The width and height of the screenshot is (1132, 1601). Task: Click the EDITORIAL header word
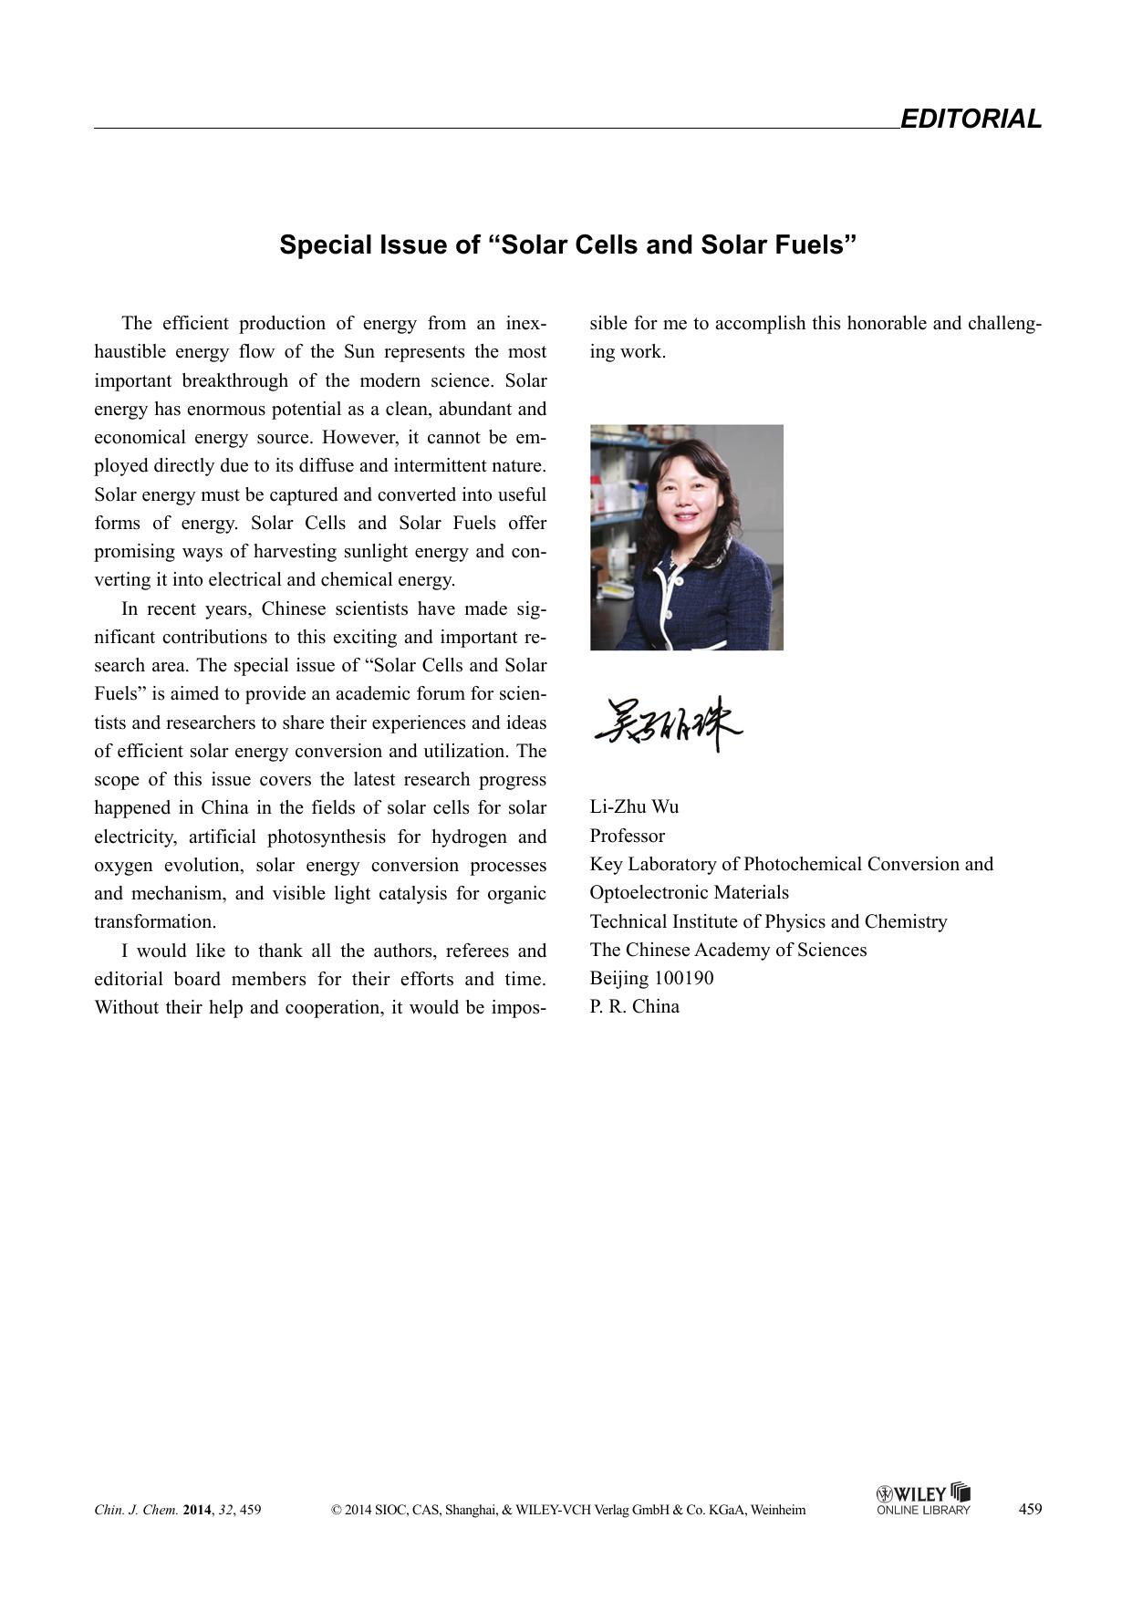point(971,120)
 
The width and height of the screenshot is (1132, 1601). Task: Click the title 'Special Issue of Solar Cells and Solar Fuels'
point(567,245)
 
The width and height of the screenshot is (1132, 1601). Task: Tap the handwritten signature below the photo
point(669,724)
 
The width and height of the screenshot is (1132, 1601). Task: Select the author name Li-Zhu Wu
point(634,806)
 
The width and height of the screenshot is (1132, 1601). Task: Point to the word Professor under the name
point(628,836)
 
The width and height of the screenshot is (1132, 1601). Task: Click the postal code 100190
point(684,978)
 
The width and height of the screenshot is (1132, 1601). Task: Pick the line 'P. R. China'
point(634,1006)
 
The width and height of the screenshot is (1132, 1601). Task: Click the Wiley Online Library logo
point(923,1499)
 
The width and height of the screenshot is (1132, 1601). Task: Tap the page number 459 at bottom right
point(1030,1509)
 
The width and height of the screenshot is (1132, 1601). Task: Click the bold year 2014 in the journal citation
point(197,1510)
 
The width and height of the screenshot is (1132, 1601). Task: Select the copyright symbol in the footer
point(337,1510)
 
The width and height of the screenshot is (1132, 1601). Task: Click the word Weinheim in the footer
point(778,1510)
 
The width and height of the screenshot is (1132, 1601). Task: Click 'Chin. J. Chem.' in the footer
point(136,1510)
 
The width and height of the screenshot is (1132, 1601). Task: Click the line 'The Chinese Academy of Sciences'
point(728,950)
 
